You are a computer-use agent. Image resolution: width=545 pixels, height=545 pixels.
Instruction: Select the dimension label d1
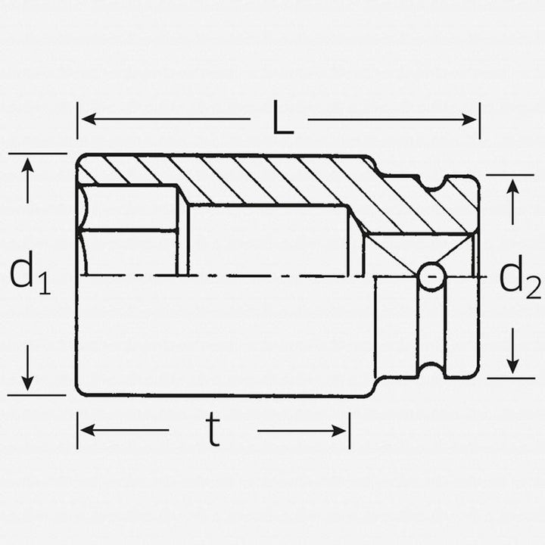[30, 273]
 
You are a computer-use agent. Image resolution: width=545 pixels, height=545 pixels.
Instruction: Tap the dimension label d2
[519, 279]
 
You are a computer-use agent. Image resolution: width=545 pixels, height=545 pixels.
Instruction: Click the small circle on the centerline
[431, 276]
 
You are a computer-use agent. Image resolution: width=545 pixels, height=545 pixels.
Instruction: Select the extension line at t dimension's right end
[349, 430]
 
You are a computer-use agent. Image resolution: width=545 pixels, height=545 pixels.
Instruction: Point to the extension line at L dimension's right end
[479, 121]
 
